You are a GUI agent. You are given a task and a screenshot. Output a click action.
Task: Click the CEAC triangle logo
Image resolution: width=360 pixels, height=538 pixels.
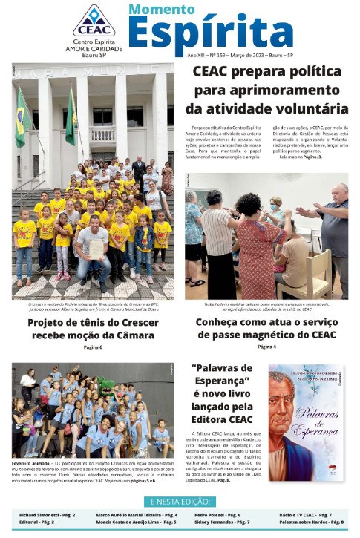(x=94, y=21)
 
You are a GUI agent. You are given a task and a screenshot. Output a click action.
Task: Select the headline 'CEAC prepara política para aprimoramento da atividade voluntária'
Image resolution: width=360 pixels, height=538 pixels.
(x=269, y=92)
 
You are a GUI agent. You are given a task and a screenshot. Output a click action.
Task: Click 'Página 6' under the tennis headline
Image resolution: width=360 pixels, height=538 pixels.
(x=94, y=347)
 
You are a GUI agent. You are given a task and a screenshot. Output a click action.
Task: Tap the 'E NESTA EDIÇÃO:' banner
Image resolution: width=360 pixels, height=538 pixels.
(x=180, y=501)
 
